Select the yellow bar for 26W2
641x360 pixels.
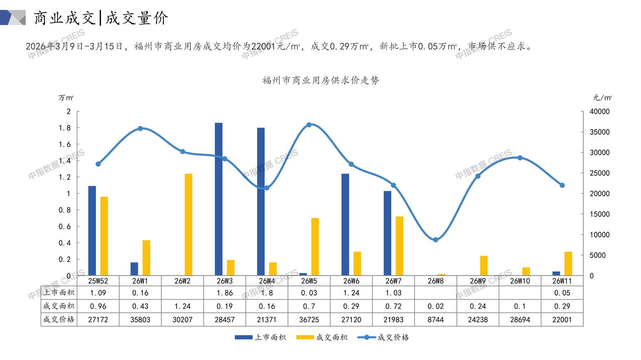pyautogui.click(x=188, y=225)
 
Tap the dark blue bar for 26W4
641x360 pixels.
pyautogui.click(x=261, y=201)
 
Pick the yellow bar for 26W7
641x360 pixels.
pyautogui.click(x=399, y=246)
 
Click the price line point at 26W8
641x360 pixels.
pyautogui.click(x=436, y=240)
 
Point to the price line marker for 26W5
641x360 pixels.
pyautogui.click(x=309, y=125)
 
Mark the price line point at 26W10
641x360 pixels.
pyautogui.click(x=520, y=158)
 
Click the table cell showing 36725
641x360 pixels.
pyautogui.click(x=309, y=319)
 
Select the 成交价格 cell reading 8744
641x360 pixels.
pyautogui.click(x=436, y=319)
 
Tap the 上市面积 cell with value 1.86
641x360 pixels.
pyautogui.click(x=224, y=293)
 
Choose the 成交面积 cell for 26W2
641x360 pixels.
pyautogui.click(x=182, y=306)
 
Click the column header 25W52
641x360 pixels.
pyautogui.click(x=98, y=281)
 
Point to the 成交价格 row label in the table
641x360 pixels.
pyautogui.click(x=59, y=319)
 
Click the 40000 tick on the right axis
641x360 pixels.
pyautogui.click(x=600, y=112)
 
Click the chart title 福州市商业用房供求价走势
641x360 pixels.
pyautogui.click(x=320, y=81)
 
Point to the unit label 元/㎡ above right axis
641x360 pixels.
pyautogui.click(x=602, y=98)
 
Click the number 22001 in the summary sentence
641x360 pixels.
pyautogui.click(x=263, y=46)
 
